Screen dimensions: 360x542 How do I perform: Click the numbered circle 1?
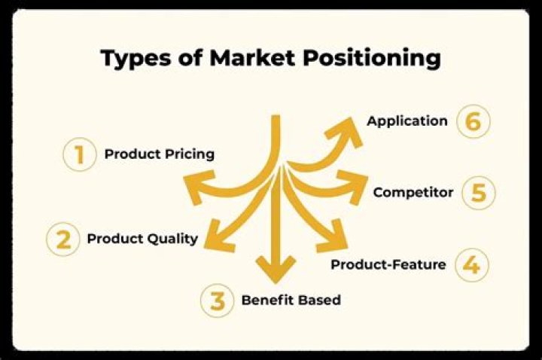79,156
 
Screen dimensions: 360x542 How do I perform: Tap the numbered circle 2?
63,239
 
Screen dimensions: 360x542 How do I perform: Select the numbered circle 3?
218,301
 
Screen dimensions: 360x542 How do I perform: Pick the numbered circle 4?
471,265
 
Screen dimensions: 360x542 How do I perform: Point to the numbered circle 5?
478,193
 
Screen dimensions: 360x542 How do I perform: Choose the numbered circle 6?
473,122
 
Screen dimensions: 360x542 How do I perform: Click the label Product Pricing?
160,154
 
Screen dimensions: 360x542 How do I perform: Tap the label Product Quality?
142,239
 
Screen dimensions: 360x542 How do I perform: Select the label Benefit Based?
291,300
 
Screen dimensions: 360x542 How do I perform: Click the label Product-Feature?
388,264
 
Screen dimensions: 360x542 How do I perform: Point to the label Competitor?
413,192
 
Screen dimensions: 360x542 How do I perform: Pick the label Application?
406,121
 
